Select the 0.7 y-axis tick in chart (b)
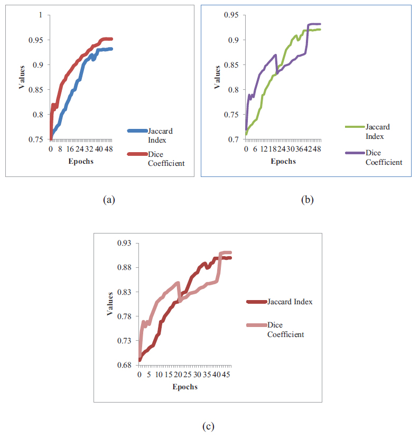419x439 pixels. (232, 139)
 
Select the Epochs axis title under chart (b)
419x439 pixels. (283, 161)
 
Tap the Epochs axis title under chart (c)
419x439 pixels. (184, 387)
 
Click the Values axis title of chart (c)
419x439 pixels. (110, 304)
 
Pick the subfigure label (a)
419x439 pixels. (109, 200)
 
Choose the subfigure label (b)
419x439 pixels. (307, 200)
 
